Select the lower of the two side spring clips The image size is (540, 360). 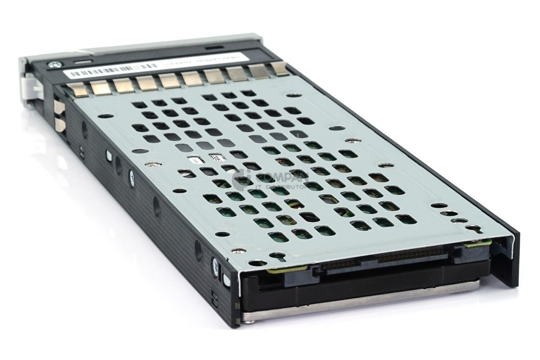[59, 124]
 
